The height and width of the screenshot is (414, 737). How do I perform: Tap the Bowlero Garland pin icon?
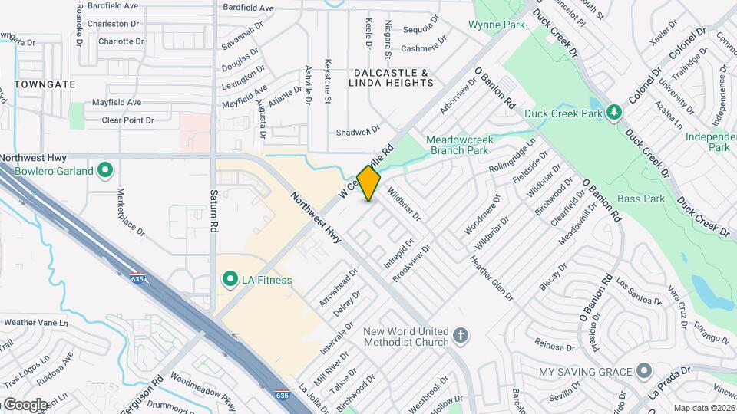(x=106, y=171)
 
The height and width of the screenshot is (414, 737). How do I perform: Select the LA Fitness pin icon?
(x=229, y=280)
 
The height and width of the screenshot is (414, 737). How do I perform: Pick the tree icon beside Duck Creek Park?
(x=613, y=113)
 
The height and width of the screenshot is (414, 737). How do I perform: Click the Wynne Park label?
(x=497, y=25)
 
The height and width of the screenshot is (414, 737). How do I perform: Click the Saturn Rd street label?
(x=215, y=211)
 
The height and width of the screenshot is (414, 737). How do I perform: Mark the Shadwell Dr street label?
(x=359, y=131)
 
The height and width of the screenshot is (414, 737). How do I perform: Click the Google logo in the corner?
(x=25, y=404)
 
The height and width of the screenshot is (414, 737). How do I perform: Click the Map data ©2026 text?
(x=704, y=408)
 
